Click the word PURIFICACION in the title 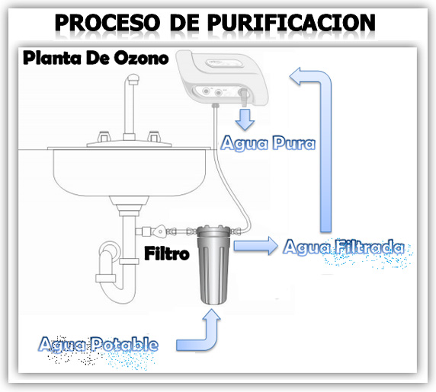[x=291, y=23]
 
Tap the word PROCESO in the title [x=107, y=23]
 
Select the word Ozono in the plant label [x=142, y=59]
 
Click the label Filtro [x=167, y=253]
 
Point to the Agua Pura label [x=268, y=143]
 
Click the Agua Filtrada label [x=344, y=247]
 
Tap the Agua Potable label [x=98, y=344]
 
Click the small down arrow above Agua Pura [x=245, y=120]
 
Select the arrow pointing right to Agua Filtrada [x=255, y=246]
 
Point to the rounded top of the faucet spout [x=133, y=78]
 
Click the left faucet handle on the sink [x=103, y=136]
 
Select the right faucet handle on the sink [x=154, y=136]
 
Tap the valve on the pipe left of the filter [x=159, y=231]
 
